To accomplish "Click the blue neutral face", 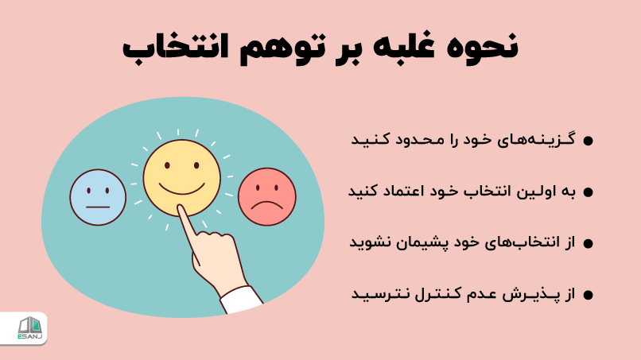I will point(98,197).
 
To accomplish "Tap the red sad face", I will point(266,196).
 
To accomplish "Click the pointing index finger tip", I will point(182,211).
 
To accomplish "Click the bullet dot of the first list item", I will point(589,141).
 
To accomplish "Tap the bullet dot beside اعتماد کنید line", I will point(589,192).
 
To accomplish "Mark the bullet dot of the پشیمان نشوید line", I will point(589,243).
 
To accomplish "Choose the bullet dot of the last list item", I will point(589,295).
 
